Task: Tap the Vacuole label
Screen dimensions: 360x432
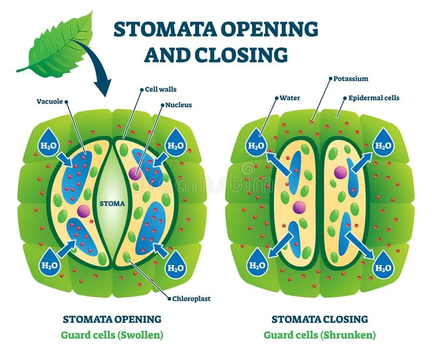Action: (x=50, y=101)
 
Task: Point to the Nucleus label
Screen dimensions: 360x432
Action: (x=179, y=105)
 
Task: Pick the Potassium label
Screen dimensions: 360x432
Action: (x=352, y=79)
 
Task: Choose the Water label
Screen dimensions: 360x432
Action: (x=289, y=98)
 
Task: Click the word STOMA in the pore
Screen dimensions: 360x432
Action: (x=113, y=203)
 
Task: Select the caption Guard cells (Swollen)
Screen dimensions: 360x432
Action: (x=112, y=335)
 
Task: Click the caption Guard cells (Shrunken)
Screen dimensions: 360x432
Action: (x=320, y=335)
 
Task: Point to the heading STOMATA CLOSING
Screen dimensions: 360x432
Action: (x=320, y=319)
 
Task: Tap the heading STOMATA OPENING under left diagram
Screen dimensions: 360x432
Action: (x=112, y=319)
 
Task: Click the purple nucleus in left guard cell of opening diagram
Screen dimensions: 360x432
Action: (x=83, y=210)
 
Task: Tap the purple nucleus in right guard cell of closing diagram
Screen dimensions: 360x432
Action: (x=340, y=172)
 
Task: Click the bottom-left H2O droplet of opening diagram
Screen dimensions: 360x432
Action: (x=48, y=262)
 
